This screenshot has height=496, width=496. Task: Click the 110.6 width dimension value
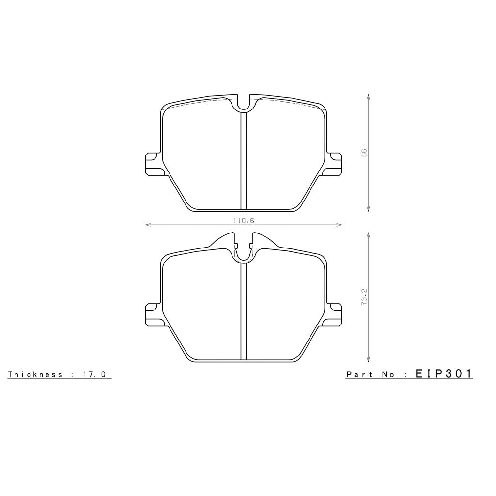tap(244, 220)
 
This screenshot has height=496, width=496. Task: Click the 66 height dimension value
tap(364, 153)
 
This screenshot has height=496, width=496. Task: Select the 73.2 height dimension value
tap(364, 296)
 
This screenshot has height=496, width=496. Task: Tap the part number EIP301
tap(443, 373)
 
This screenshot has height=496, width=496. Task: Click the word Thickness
tap(35, 374)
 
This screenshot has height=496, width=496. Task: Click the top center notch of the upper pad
tap(244, 103)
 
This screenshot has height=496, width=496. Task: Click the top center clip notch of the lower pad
tap(244, 252)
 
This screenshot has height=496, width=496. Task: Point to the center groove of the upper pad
tap(244, 160)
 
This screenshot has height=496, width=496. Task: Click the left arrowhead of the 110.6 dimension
tap(147, 225)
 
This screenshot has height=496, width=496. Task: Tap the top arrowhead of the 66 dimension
tap(369, 96)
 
